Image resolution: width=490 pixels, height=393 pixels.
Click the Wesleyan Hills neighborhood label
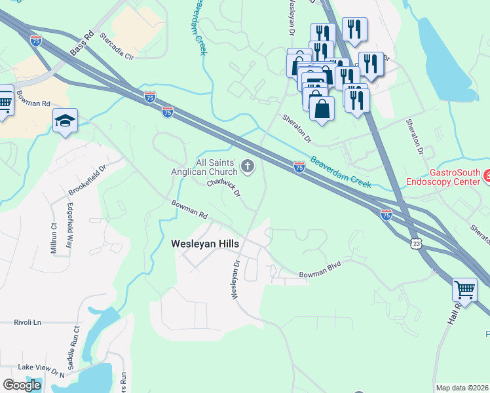click(x=205, y=243)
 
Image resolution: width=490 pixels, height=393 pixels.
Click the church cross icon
click(x=248, y=166)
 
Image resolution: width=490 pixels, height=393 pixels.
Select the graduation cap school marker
click(x=66, y=121)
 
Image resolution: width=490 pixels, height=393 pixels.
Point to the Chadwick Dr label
click(x=225, y=189)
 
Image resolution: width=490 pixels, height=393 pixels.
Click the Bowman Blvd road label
click(x=321, y=274)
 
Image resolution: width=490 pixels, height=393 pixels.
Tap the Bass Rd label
click(x=83, y=45)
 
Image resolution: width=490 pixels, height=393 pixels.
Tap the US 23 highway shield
click(x=417, y=243)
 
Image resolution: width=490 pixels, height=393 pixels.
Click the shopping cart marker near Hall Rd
click(x=464, y=288)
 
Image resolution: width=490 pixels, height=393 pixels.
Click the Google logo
click(x=22, y=385)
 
